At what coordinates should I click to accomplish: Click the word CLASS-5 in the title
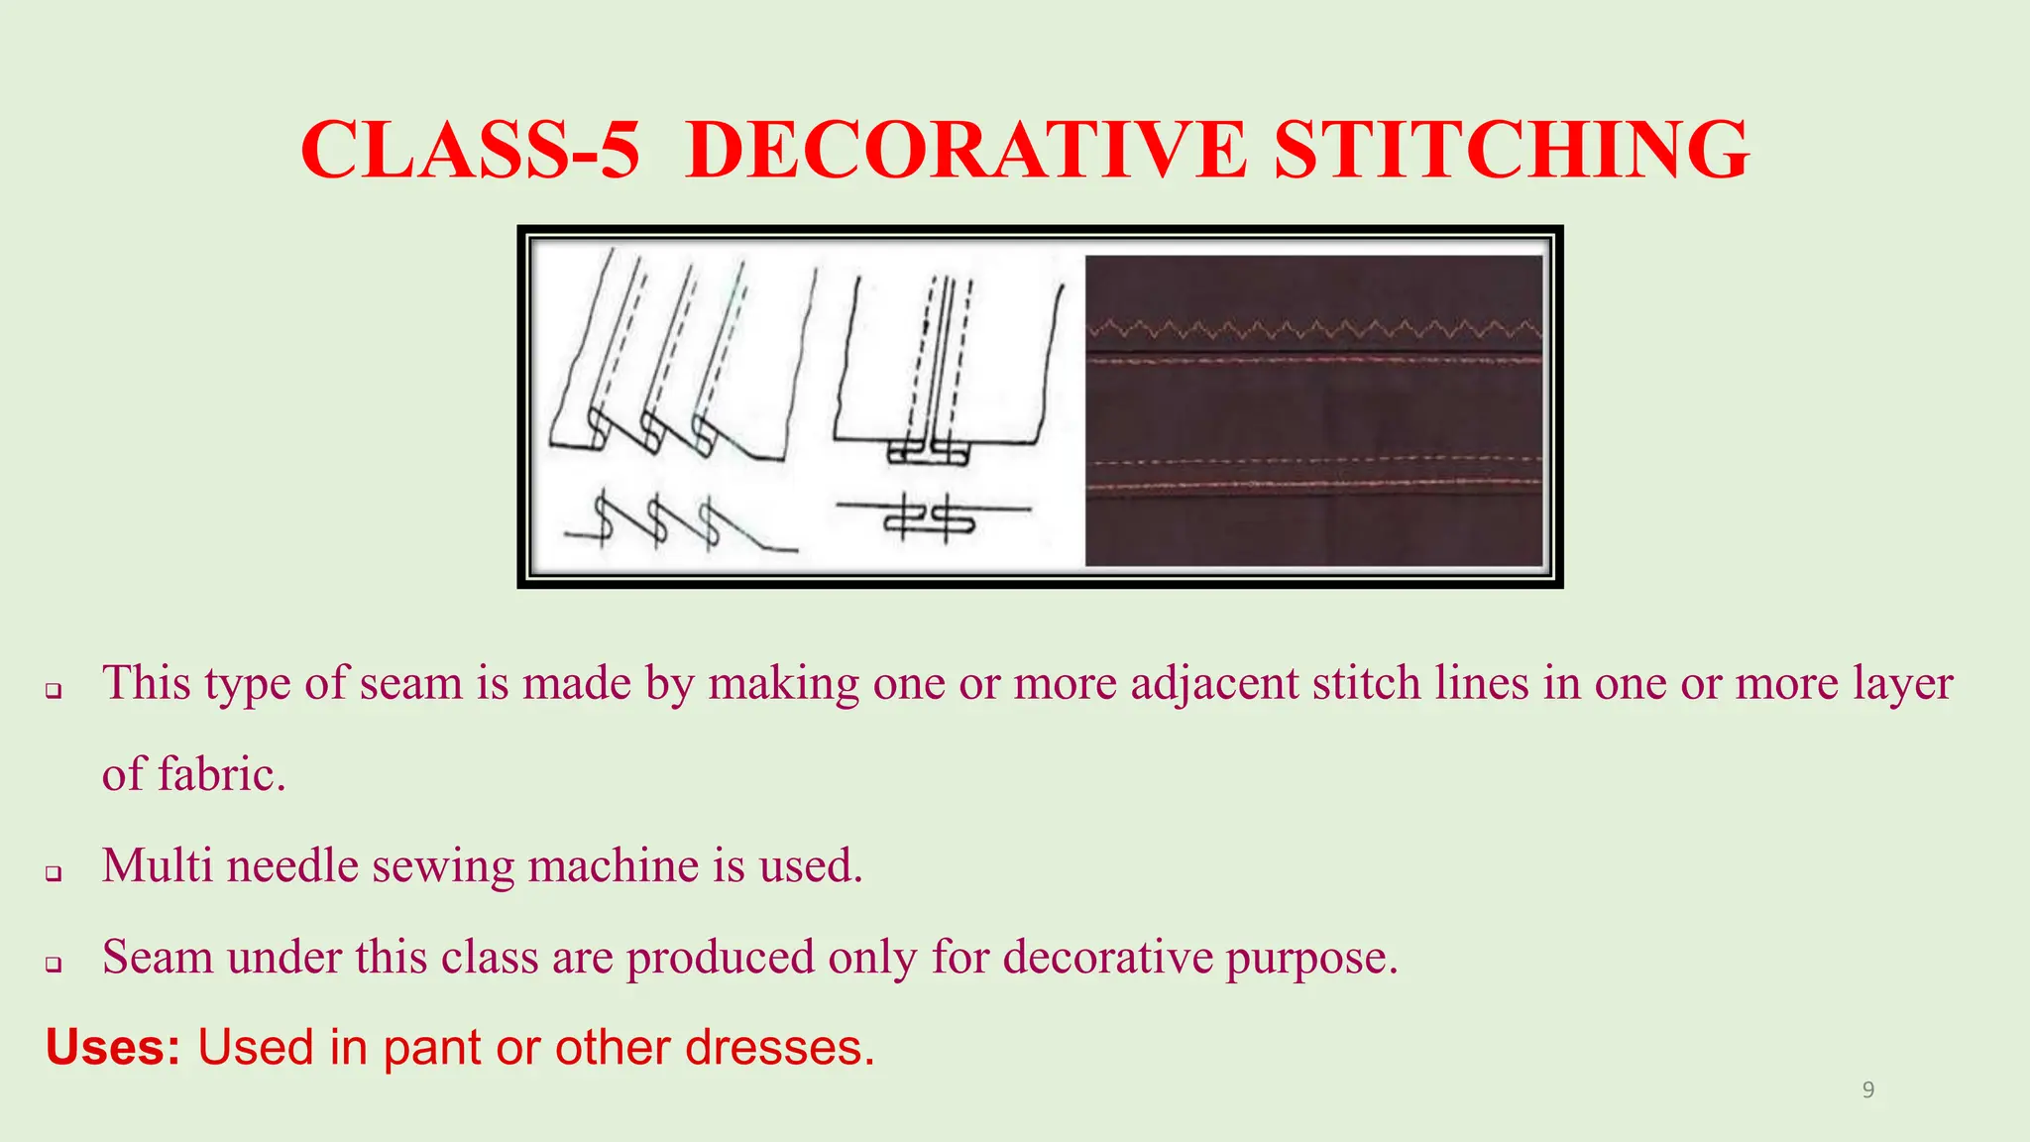tap(470, 150)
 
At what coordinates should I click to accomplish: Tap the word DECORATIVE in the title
tap(964, 150)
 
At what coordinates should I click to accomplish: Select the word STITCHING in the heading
tap(1512, 150)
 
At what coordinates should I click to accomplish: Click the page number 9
tap(1868, 1090)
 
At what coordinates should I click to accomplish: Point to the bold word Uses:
tap(113, 1048)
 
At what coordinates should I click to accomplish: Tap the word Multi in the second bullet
tap(158, 865)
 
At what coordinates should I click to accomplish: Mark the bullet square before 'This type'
tap(55, 690)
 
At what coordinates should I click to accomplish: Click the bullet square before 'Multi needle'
tap(55, 872)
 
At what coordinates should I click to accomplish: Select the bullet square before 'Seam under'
tap(55, 964)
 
